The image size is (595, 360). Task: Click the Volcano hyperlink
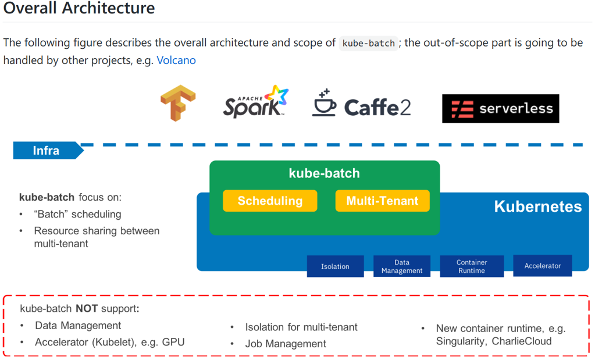pos(176,60)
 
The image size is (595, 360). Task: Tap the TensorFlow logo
pos(178,104)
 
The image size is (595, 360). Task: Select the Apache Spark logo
pos(256,102)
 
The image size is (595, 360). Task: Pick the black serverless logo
pos(500,109)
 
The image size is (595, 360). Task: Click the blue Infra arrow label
pos(47,151)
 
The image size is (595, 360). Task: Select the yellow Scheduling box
pos(270,201)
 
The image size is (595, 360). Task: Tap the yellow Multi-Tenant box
pos(382,201)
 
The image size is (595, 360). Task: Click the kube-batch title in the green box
pos(324,173)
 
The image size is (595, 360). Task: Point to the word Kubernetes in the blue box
pos(537,206)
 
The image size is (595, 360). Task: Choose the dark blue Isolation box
pos(335,266)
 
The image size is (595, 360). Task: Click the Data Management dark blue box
pos(402,266)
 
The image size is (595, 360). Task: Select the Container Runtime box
pos(471,266)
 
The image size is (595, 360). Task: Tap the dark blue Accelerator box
pos(542,266)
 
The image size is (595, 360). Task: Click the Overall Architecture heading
pos(79,9)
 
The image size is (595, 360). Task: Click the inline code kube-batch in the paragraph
pos(369,43)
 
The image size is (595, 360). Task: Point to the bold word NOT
pos(86,308)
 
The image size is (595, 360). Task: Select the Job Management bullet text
pos(286,344)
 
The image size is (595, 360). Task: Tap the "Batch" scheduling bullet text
pos(77,214)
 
